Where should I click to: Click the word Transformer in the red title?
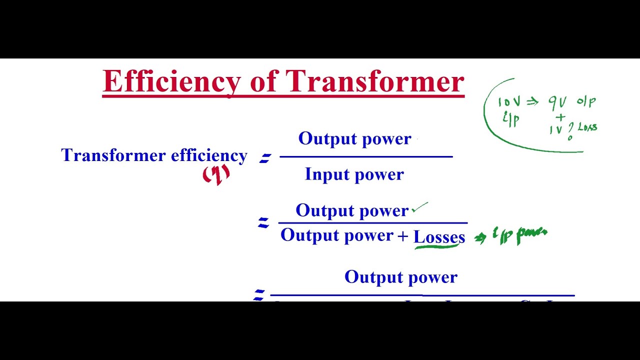[375, 81]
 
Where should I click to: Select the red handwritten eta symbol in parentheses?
[216, 174]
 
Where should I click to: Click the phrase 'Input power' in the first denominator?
[354, 174]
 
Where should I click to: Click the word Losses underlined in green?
[439, 236]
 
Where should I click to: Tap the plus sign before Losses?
[403, 236]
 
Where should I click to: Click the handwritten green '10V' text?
[509, 102]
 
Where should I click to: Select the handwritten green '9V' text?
[557, 102]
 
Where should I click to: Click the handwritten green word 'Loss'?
[587, 127]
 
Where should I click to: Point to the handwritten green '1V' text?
[556, 130]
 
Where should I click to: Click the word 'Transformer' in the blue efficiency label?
[113, 155]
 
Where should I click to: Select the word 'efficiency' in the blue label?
[209, 155]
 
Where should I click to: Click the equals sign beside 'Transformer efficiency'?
[264, 158]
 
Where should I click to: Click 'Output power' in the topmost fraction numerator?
[354, 139]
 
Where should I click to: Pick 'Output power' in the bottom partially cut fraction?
[400, 277]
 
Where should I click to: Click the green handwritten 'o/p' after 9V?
[586, 101]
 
